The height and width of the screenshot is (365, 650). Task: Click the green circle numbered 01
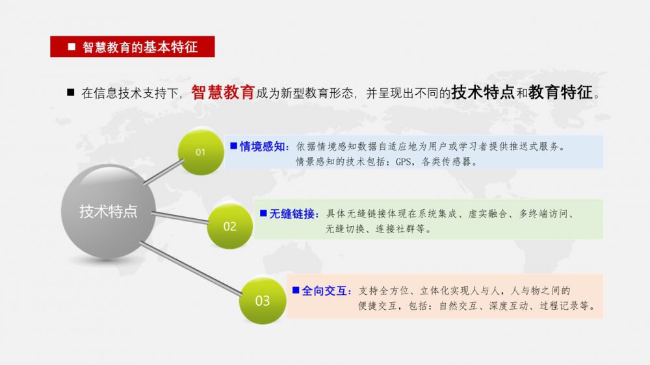pos(201,152)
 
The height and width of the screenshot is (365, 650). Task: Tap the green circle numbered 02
pos(229,226)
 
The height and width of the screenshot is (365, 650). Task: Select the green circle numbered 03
pos(263,300)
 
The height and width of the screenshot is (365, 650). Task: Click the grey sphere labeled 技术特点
pos(108,211)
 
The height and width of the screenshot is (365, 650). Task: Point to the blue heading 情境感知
pos(262,146)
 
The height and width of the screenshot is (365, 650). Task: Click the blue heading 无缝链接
pos(292,214)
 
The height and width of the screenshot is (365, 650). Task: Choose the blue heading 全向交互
pos(324,291)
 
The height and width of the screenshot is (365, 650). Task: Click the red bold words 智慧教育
pos(222,92)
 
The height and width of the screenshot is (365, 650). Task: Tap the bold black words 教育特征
pos(560,92)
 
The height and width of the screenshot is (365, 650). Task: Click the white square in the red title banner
pos(71,47)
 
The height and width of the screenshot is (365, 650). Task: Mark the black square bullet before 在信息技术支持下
pos(70,92)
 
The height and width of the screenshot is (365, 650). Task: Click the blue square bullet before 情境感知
pos(234,145)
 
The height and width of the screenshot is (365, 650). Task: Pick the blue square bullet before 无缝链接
pos(263,213)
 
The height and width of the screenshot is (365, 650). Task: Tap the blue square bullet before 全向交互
pos(296,290)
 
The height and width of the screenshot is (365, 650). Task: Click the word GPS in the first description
pos(403,162)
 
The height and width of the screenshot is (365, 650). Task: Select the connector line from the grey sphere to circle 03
pos(190,269)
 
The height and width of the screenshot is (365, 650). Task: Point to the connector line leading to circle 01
pos(164,172)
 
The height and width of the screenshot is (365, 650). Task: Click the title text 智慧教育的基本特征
pos(140,47)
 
